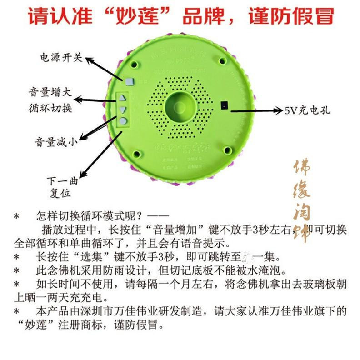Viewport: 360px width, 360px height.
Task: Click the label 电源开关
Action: coord(61,58)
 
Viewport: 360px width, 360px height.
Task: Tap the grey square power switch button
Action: coord(130,81)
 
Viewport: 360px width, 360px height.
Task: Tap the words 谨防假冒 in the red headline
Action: coord(291,16)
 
